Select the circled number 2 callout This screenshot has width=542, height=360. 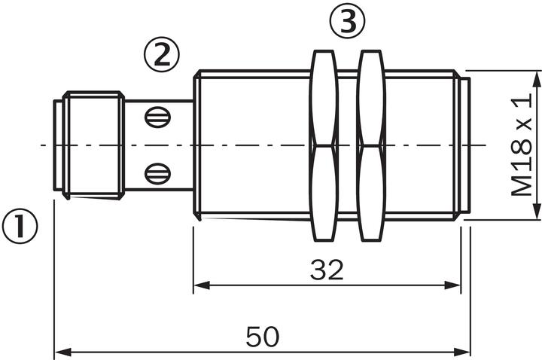(162, 55)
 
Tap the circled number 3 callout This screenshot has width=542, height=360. (347, 23)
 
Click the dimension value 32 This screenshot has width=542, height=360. (326, 270)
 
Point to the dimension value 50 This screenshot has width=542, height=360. (262, 337)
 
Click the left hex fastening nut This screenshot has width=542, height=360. (324, 145)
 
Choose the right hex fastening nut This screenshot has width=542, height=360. (371, 145)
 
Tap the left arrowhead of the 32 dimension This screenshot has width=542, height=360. (200, 285)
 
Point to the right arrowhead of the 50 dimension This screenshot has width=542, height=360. (464, 352)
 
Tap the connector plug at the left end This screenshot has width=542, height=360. (89, 145)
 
